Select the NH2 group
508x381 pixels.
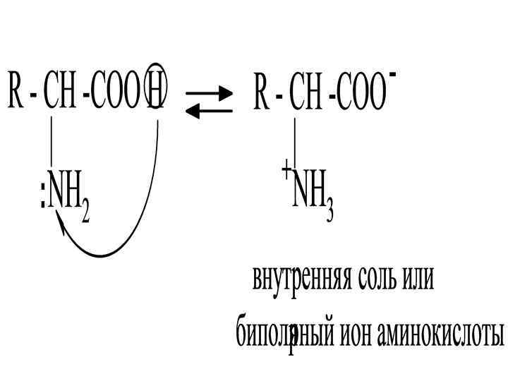(x=67, y=200)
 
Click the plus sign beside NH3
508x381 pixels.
(x=286, y=170)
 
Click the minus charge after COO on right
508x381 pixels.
(x=392, y=73)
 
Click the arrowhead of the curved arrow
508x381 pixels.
(x=61, y=224)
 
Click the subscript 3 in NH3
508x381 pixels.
(x=329, y=211)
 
